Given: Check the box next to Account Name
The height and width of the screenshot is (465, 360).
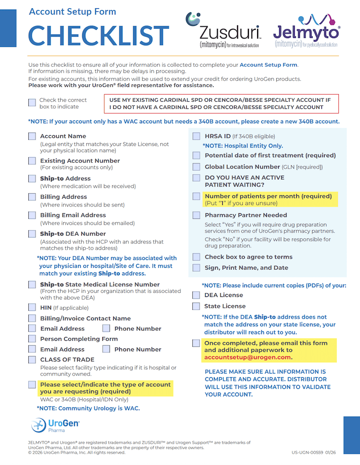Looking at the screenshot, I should pyautogui.click(x=32, y=136).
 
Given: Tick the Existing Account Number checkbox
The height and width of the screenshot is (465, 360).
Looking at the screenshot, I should pyautogui.click(x=32, y=161).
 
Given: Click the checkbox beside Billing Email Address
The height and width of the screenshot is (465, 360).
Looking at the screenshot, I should pyautogui.click(x=32, y=215).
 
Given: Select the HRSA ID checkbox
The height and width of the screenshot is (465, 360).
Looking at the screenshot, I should pyautogui.click(x=196, y=136).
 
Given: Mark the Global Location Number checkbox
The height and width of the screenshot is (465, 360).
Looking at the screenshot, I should pyautogui.click(x=196, y=167).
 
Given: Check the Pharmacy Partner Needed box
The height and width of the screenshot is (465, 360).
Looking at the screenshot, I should pyautogui.click(x=196, y=215).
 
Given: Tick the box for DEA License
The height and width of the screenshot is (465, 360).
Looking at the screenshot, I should pyautogui.click(x=196, y=295).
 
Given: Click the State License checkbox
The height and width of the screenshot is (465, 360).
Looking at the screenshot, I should pyautogui.click(x=196, y=306).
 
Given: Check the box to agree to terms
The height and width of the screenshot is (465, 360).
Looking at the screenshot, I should pyautogui.click(x=196, y=257).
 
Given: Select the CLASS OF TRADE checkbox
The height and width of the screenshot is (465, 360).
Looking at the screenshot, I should pyautogui.click(x=32, y=360).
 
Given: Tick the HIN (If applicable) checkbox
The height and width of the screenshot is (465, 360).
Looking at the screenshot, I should pyautogui.click(x=32, y=308).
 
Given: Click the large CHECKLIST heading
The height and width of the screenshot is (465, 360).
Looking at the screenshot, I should pyautogui.click(x=98, y=35).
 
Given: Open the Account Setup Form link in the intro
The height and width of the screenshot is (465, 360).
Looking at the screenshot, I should pyautogui.click(x=268, y=65).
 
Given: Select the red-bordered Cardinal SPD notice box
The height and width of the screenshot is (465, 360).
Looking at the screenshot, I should pyautogui.click(x=222, y=104).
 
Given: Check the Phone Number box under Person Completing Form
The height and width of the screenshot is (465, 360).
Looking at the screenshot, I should pyautogui.click(x=106, y=349).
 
